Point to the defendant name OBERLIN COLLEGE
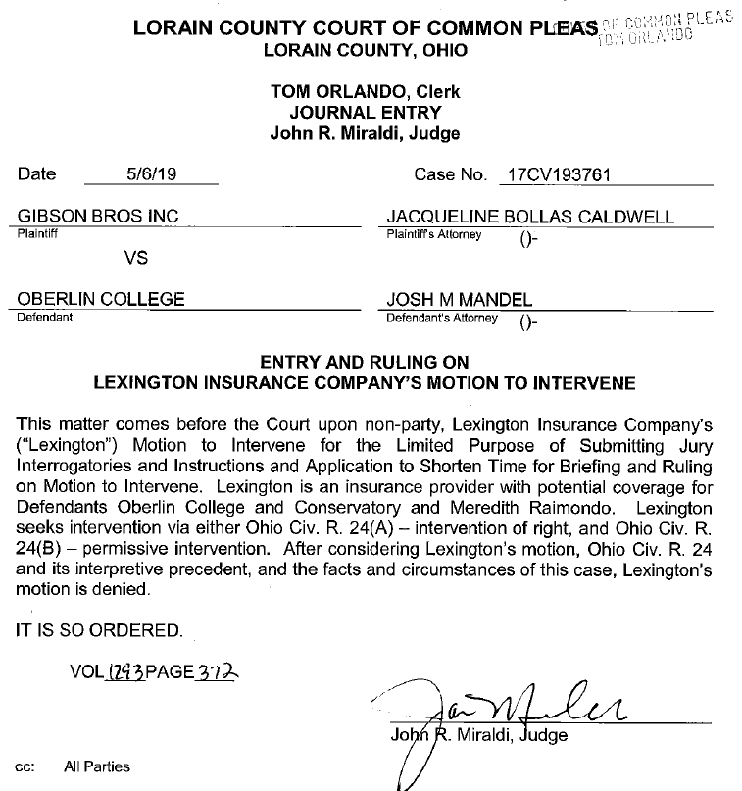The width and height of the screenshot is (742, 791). click(x=101, y=299)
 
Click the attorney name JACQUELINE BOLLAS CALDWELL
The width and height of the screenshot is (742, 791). click(x=530, y=217)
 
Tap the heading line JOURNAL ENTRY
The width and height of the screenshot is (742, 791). click(x=365, y=113)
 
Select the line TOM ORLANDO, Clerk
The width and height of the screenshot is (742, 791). click(x=365, y=92)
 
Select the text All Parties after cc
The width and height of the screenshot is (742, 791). click(x=97, y=766)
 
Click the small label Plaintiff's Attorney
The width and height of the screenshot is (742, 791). click(x=434, y=234)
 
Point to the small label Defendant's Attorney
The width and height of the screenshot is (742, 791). click(x=442, y=318)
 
